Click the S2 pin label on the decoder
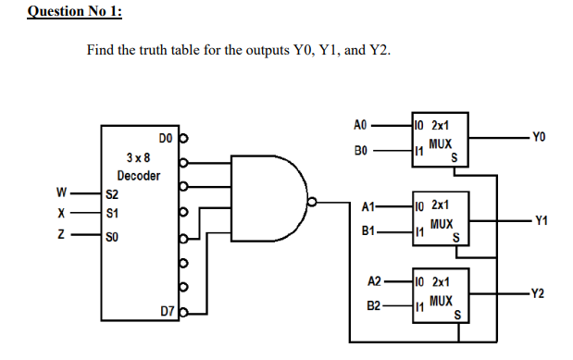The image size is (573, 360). [112, 195]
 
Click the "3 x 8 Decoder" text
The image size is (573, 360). [140, 168]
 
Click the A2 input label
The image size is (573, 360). [374, 280]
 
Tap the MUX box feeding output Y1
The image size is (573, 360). [442, 219]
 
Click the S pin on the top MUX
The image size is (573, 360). [455, 158]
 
